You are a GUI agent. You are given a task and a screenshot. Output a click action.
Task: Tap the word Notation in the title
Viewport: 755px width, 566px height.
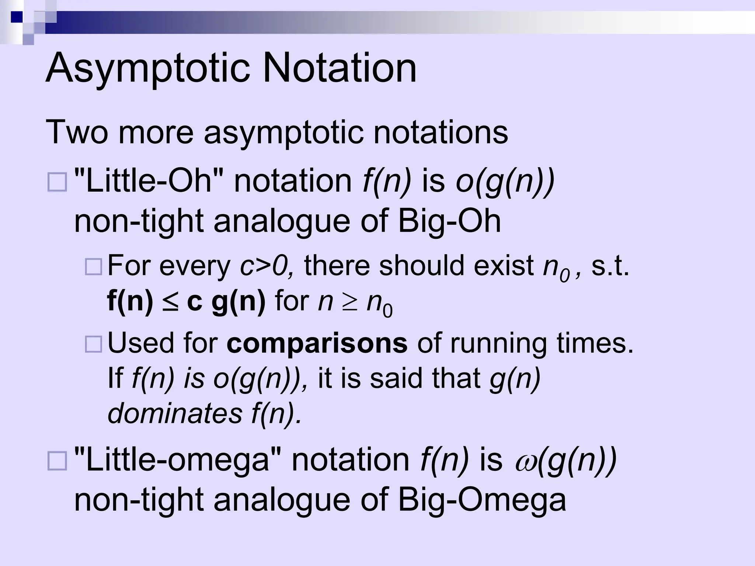click(340, 69)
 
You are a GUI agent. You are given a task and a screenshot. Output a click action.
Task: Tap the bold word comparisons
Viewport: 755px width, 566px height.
click(317, 343)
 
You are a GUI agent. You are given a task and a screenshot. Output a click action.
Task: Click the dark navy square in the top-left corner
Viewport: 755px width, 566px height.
click(17, 17)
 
